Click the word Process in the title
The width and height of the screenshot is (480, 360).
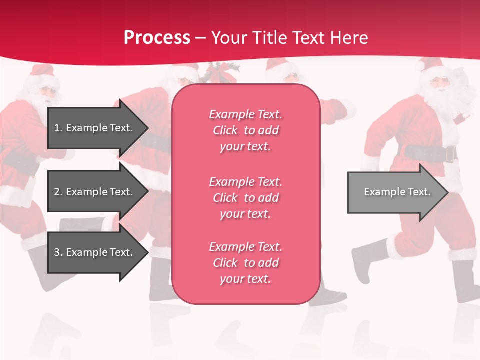[157, 38]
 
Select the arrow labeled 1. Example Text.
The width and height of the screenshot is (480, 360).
[95, 128]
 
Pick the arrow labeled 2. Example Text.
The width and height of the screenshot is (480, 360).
[95, 192]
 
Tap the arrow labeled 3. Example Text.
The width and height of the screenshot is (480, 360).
[95, 252]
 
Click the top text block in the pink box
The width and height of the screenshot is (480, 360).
[245, 130]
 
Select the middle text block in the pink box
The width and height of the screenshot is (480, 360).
[245, 198]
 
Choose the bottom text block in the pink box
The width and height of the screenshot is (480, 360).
[245, 263]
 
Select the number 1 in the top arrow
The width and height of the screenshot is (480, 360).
[57, 128]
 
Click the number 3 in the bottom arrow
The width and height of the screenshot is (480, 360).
[57, 252]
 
